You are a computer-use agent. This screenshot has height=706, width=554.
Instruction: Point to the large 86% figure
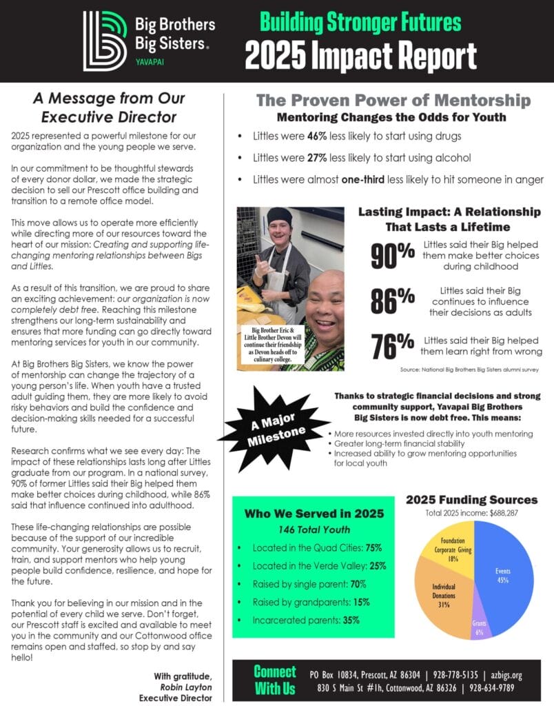[393, 301]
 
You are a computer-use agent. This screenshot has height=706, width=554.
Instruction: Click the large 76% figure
[393, 345]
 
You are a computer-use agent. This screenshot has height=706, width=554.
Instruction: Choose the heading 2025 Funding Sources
[472, 499]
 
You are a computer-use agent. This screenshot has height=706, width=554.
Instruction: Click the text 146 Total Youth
[314, 529]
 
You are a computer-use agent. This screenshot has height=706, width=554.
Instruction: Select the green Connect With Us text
[274, 679]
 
